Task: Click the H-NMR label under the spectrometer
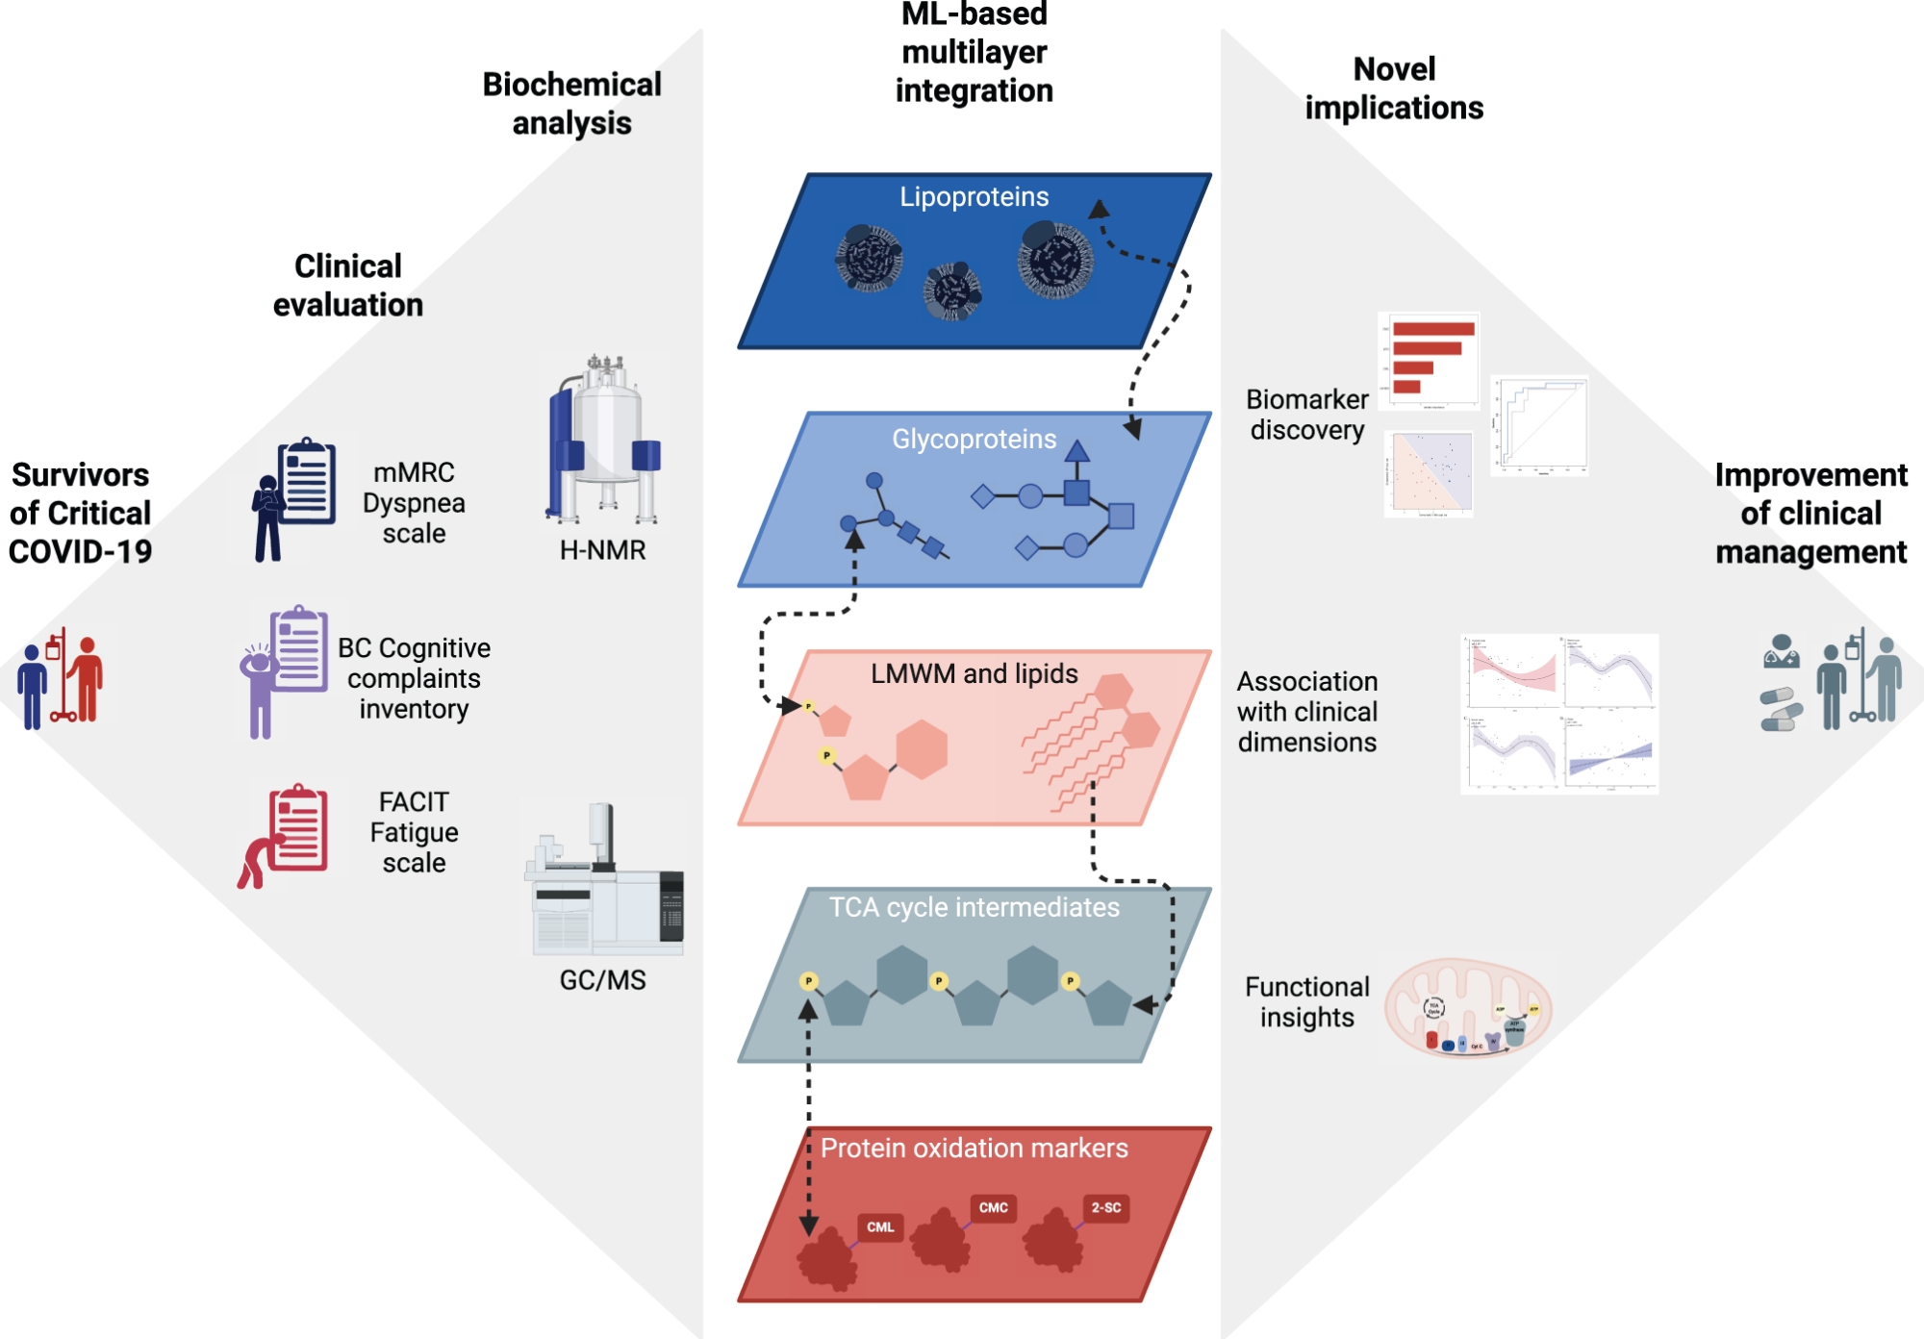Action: tap(602, 550)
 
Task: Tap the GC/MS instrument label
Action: tap(602, 980)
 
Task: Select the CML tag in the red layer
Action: tap(880, 1227)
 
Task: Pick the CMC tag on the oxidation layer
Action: tap(993, 1208)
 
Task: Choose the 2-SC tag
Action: tap(1105, 1208)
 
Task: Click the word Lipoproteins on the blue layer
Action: tap(974, 197)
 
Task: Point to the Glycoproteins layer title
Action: tap(974, 440)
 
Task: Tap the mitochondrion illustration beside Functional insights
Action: tap(1468, 1007)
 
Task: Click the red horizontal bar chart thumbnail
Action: tap(1430, 361)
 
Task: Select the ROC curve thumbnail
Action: tap(1539, 425)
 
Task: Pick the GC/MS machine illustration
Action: tap(604, 880)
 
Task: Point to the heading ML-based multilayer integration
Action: tap(974, 53)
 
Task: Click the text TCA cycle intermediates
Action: tap(974, 908)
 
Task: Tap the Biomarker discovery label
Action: tap(1306, 415)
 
